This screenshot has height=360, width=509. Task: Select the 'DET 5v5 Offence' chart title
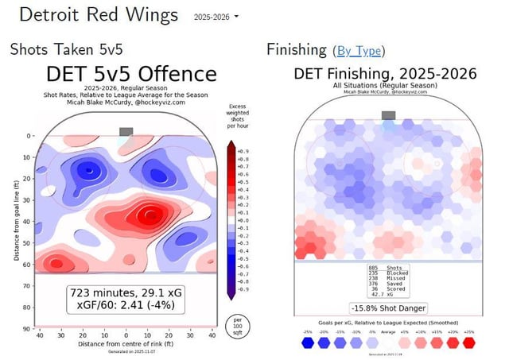(130, 75)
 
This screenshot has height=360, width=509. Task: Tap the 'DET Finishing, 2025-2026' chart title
(385, 74)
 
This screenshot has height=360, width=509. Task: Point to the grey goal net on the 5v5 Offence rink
(126, 131)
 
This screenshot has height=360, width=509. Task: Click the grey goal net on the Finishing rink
(388, 116)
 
